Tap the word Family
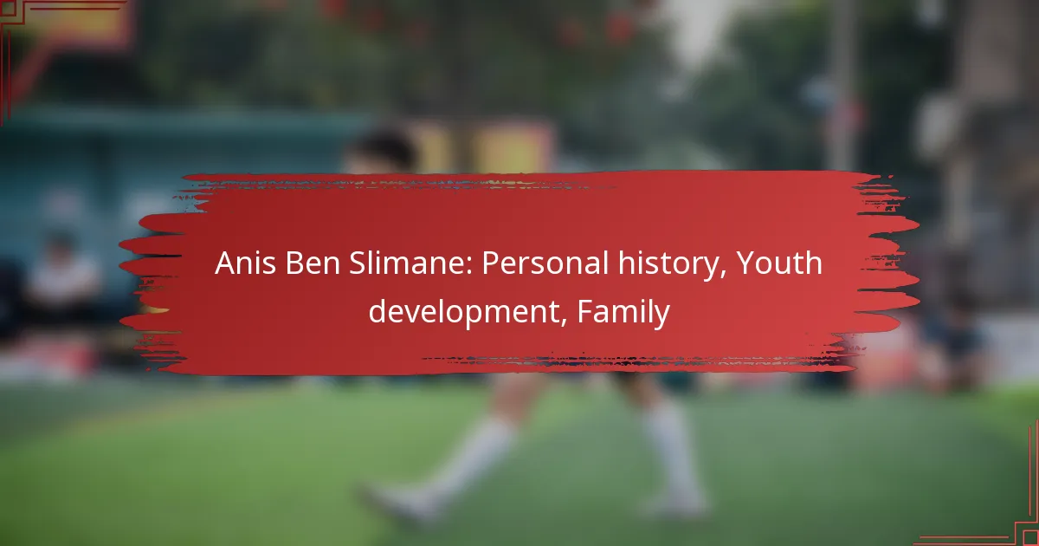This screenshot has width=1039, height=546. click(x=623, y=311)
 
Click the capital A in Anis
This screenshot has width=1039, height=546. click(x=225, y=263)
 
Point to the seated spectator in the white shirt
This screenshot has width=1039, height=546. click(x=61, y=277)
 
